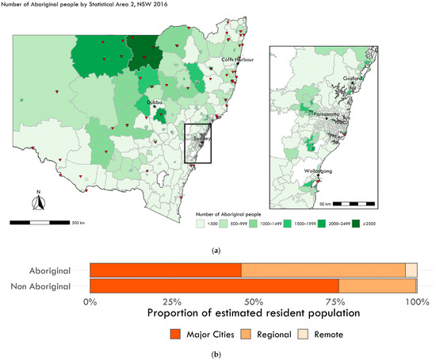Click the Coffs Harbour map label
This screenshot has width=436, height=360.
238,59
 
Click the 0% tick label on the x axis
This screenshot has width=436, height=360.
90,301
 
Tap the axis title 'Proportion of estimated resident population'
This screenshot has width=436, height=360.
253,314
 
